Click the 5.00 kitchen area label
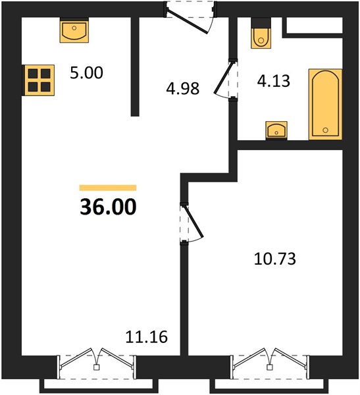coord(86,73)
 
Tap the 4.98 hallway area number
coord(183,88)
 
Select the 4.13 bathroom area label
coord(274,81)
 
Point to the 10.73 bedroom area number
coord(275,259)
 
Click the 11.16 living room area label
coord(146,337)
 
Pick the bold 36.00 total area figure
coord(108,207)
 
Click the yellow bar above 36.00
coord(108,188)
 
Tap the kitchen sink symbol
coord(74,30)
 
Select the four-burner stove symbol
coord(39,80)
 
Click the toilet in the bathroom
coord(261,33)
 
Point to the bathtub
coord(325,104)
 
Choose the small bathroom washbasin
coord(276,130)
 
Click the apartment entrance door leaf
coord(187,21)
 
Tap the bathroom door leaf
coord(224,77)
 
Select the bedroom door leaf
coord(194,222)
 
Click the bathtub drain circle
coord(325,130)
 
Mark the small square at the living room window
coord(96,367)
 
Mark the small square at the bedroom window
coord(270,367)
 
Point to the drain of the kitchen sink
coord(74,28)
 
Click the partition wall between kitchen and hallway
coord(135,66)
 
